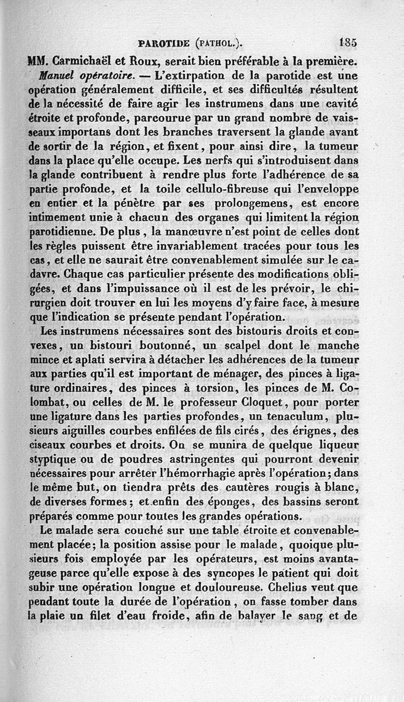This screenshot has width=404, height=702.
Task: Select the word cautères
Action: [250, 489]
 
